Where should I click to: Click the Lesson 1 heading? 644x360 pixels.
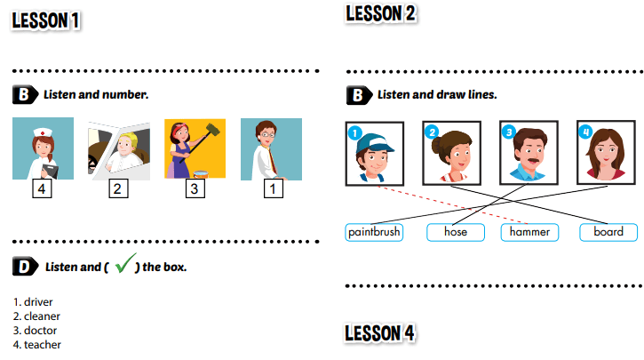tap(45, 20)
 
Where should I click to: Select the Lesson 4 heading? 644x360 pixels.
tap(380, 333)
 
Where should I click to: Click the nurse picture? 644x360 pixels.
tap(43, 148)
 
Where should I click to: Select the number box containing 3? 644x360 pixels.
tap(195, 188)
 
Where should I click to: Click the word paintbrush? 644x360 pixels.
tap(374, 232)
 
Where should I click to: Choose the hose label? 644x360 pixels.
tap(456, 232)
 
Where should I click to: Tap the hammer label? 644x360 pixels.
tap(531, 232)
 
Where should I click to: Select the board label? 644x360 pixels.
tap(608, 232)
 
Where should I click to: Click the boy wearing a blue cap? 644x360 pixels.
tap(374, 153)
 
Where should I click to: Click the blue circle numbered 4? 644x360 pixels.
tap(584, 132)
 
